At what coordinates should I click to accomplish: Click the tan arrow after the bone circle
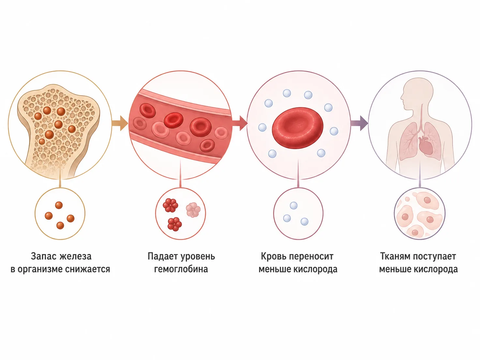(120, 123)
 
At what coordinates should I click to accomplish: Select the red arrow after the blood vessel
(240, 123)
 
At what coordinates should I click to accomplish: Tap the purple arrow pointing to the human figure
(359, 123)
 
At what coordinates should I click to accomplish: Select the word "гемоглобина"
(181, 269)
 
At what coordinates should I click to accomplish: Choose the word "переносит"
(312, 256)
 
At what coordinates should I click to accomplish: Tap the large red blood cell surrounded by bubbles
(298, 127)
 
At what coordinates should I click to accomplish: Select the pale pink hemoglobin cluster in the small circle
(193, 210)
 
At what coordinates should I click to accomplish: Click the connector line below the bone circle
(60, 183)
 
